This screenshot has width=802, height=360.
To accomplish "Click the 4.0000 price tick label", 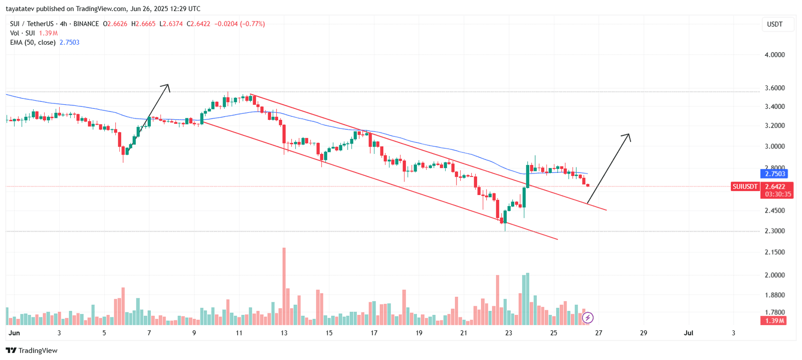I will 774,55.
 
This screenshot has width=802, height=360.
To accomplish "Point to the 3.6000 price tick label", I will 774,88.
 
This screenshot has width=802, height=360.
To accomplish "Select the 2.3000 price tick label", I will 774,231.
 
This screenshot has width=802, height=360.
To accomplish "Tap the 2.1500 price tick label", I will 774,252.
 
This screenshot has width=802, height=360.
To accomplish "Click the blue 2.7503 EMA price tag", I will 774,174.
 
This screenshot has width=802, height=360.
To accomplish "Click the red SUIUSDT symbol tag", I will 745,187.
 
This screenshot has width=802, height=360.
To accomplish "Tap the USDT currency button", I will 774,24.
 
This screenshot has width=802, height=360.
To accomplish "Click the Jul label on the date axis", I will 689,333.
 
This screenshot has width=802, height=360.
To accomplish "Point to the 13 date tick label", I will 284,333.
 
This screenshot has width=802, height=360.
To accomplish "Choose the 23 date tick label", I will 509,333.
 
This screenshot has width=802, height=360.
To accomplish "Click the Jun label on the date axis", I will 14,333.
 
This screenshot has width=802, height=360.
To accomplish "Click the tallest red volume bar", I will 284,286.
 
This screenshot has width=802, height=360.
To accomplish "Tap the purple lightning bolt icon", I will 587,317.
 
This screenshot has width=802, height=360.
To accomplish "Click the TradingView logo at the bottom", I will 32,350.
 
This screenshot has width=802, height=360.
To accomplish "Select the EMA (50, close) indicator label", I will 33,43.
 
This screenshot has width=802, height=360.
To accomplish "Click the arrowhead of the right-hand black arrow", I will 628,135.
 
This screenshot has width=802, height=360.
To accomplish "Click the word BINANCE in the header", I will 86,24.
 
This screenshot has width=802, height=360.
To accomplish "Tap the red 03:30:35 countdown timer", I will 777,194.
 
